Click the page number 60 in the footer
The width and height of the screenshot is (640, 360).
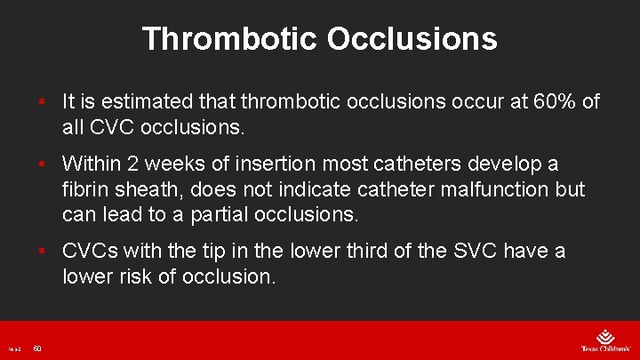tap(37, 348)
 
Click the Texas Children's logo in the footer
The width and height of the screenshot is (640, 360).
tap(603, 340)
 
